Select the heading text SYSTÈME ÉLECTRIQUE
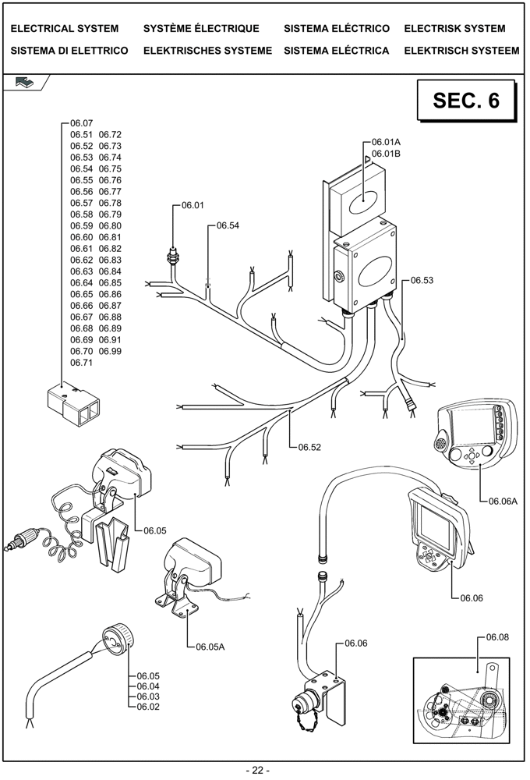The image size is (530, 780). click(201, 29)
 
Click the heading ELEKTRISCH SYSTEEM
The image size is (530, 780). click(461, 51)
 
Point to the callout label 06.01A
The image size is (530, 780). click(386, 142)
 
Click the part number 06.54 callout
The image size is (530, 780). click(228, 225)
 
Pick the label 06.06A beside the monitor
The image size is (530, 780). click(503, 502)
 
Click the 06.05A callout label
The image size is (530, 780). click(210, 647)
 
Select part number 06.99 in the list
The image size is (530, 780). click(110, 351)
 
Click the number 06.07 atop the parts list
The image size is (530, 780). click(81, 123)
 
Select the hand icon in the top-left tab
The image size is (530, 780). click(24, 82)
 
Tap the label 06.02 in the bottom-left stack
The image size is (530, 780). click(148, 707)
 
